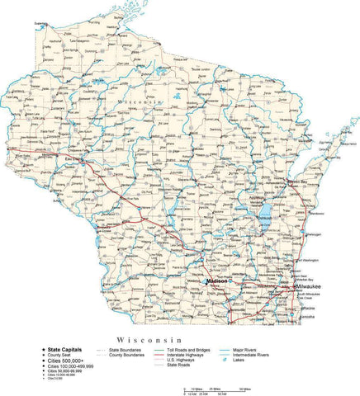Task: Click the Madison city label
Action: pyautogui.click(x=216, y=280)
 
